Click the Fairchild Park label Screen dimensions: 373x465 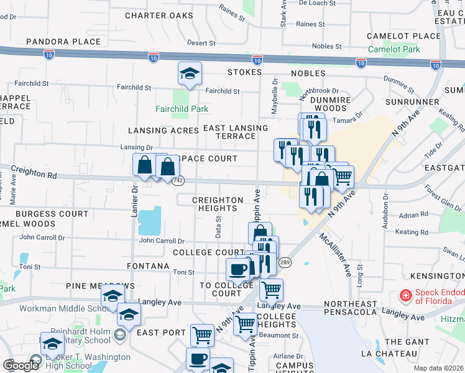(x=182, y=109)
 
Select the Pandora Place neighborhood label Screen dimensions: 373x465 (x=64, y=42)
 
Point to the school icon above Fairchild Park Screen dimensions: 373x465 (x=190, y=75)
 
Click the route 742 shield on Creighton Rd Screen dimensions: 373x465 (x=178, y=180)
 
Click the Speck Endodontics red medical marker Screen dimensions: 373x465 (x=405, y=295)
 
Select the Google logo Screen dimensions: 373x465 (x=21, y=365)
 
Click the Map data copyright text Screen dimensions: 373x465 (x=439, y=368)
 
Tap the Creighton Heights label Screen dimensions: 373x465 (x=217, y=204)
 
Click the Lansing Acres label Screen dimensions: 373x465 (x=164, y=131)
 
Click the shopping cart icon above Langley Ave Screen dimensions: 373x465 (x=270, y=289)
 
